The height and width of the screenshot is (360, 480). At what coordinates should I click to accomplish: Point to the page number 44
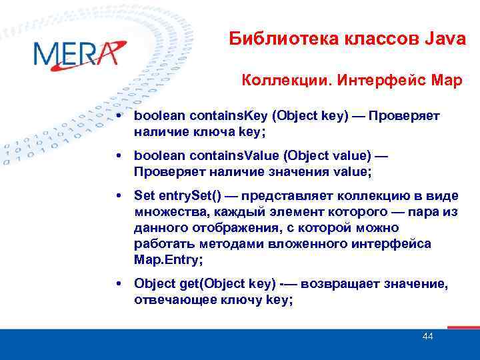(427, 337)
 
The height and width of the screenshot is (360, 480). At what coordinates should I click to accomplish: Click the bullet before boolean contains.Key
(117, 116)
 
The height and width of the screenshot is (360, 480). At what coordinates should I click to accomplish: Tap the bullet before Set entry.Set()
(117, 196)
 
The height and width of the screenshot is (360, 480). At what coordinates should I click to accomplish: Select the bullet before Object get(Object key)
(117, 285)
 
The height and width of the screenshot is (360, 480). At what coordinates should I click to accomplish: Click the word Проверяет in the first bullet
(404, 116)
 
